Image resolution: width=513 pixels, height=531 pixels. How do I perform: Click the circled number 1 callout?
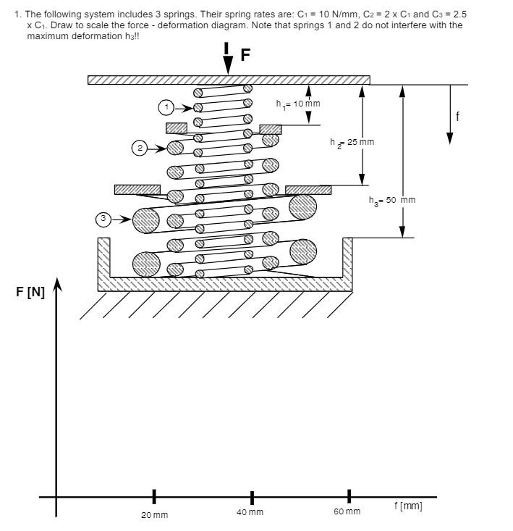pyautogui.click(x=167, y=108)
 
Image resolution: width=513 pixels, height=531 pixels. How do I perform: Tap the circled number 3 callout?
pyautogui.click(x=104, y=218)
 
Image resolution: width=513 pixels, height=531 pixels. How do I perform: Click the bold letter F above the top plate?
pyautogui.click(x=245, y=56)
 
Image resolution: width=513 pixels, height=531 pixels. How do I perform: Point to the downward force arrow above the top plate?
pyautogui.click(x=228, y=59)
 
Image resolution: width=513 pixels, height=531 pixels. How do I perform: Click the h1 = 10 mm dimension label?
pyautogui.click(x=297, y=104)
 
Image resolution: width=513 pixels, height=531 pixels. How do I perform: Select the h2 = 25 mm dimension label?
pyautogui.click(x=352, y=142)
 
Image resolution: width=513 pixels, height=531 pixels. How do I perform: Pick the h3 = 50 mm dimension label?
pyautogui.click(x=391, y=200)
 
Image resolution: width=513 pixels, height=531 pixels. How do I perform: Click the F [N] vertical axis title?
pyautogui.click(x=30, y=293)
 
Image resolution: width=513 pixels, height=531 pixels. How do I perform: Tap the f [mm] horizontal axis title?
pyautogui.click(x=408, y=506)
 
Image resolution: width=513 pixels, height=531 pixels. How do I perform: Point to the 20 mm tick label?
pyautogui.click(x=154, y=515)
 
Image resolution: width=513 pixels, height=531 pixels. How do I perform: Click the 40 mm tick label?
pyautogui.click(x=250, y=512)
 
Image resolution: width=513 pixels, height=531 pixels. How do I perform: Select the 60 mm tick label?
pyautogui.click(x=347, y=511)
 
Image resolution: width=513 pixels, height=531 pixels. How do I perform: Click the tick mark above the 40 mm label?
pyautogui.click(x=252, y=498)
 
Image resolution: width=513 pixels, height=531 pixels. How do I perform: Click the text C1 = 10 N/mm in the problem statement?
pyautogui.click(x=329, y=14)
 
